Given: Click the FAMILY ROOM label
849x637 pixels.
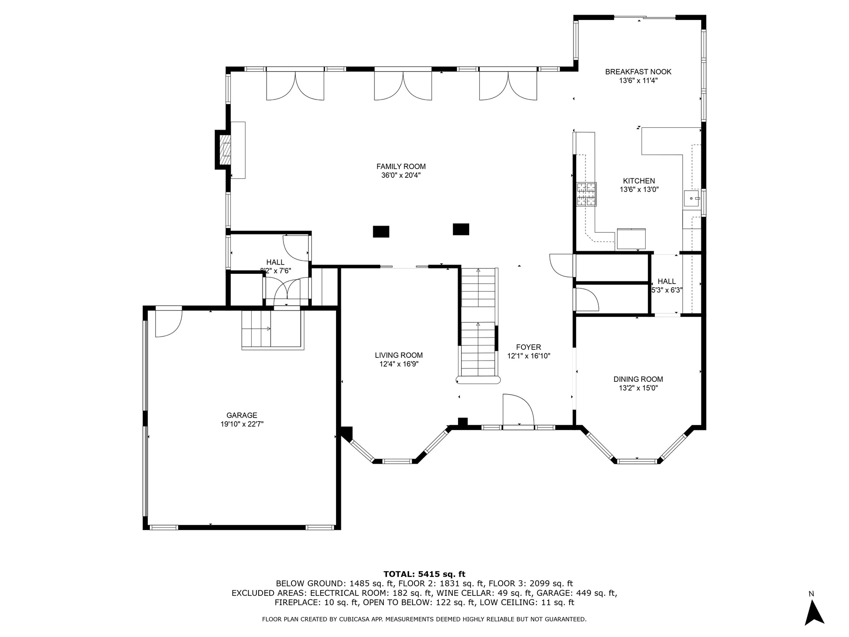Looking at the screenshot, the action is (401, 166).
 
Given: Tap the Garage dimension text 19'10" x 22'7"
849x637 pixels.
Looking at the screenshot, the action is (242, 424).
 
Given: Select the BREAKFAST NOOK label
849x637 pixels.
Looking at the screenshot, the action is (638, 72).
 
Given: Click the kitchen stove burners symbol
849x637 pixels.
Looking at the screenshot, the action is (586, 194).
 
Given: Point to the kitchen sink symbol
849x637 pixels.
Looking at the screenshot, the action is (692, 199).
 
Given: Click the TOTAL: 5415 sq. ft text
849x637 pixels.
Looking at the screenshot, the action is (424, 574).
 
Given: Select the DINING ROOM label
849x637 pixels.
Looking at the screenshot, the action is (638, 379).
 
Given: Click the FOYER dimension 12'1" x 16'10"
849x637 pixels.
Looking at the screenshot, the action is (528, 356).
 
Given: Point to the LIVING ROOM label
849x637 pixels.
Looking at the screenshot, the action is (399, 355).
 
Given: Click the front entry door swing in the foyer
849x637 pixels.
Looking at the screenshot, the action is (518, 410).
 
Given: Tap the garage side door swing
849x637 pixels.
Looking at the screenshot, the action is (168, 322).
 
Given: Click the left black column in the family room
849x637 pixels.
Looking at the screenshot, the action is (381, 231).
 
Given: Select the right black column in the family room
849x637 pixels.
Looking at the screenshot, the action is (461, 229).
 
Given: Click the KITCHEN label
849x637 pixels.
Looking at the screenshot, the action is (639, 181).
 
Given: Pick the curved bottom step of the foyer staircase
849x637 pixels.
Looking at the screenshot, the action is (478, 380).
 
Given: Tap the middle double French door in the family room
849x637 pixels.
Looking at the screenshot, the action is (403, 85).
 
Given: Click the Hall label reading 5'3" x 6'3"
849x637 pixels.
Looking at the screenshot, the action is (667, 291).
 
